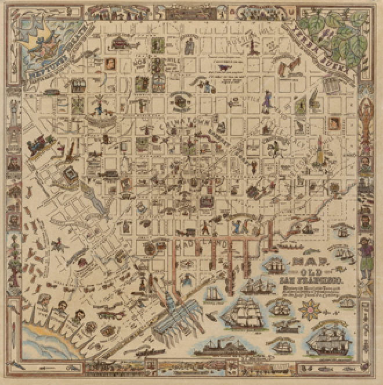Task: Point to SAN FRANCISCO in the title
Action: coord(318,281)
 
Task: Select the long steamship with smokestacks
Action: coord(221,348)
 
